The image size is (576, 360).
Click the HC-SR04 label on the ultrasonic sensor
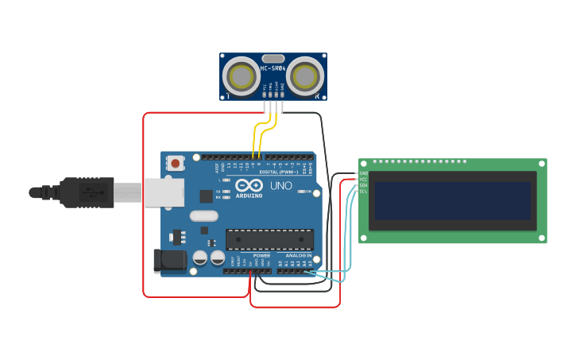pyautogui.click(x=273, y=68)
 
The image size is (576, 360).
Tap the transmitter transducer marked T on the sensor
pyautogui.click(x=240, y=76)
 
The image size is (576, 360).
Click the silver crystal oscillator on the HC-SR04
pyautogui.click(x=273, y=58)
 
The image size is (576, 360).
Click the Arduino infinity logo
pyautogui.click(x=249, y=185)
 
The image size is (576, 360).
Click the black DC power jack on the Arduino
pyautogui.click(x=168, y=259)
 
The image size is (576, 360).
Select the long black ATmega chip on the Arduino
pyautogui.click(x=269, y=239)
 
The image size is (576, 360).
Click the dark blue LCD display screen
pyautogui.click(x=452, y=201)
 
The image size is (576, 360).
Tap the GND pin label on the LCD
pyautogui.click(x=363, y=173)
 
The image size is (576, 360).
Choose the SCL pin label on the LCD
pyautogui.click(x=363, y=192)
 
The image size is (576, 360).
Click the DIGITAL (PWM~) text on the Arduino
pyautogui.click(x=279, y=172)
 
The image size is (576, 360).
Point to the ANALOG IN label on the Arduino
pyautogui.click(x=299, y=256)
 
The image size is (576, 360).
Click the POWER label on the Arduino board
pyautogui.click(x=261, y=256)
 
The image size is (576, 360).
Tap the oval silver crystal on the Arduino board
pyautogui.click(x=203, y=215)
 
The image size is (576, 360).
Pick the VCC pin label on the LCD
pyautogui.click(x=363, y=180)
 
